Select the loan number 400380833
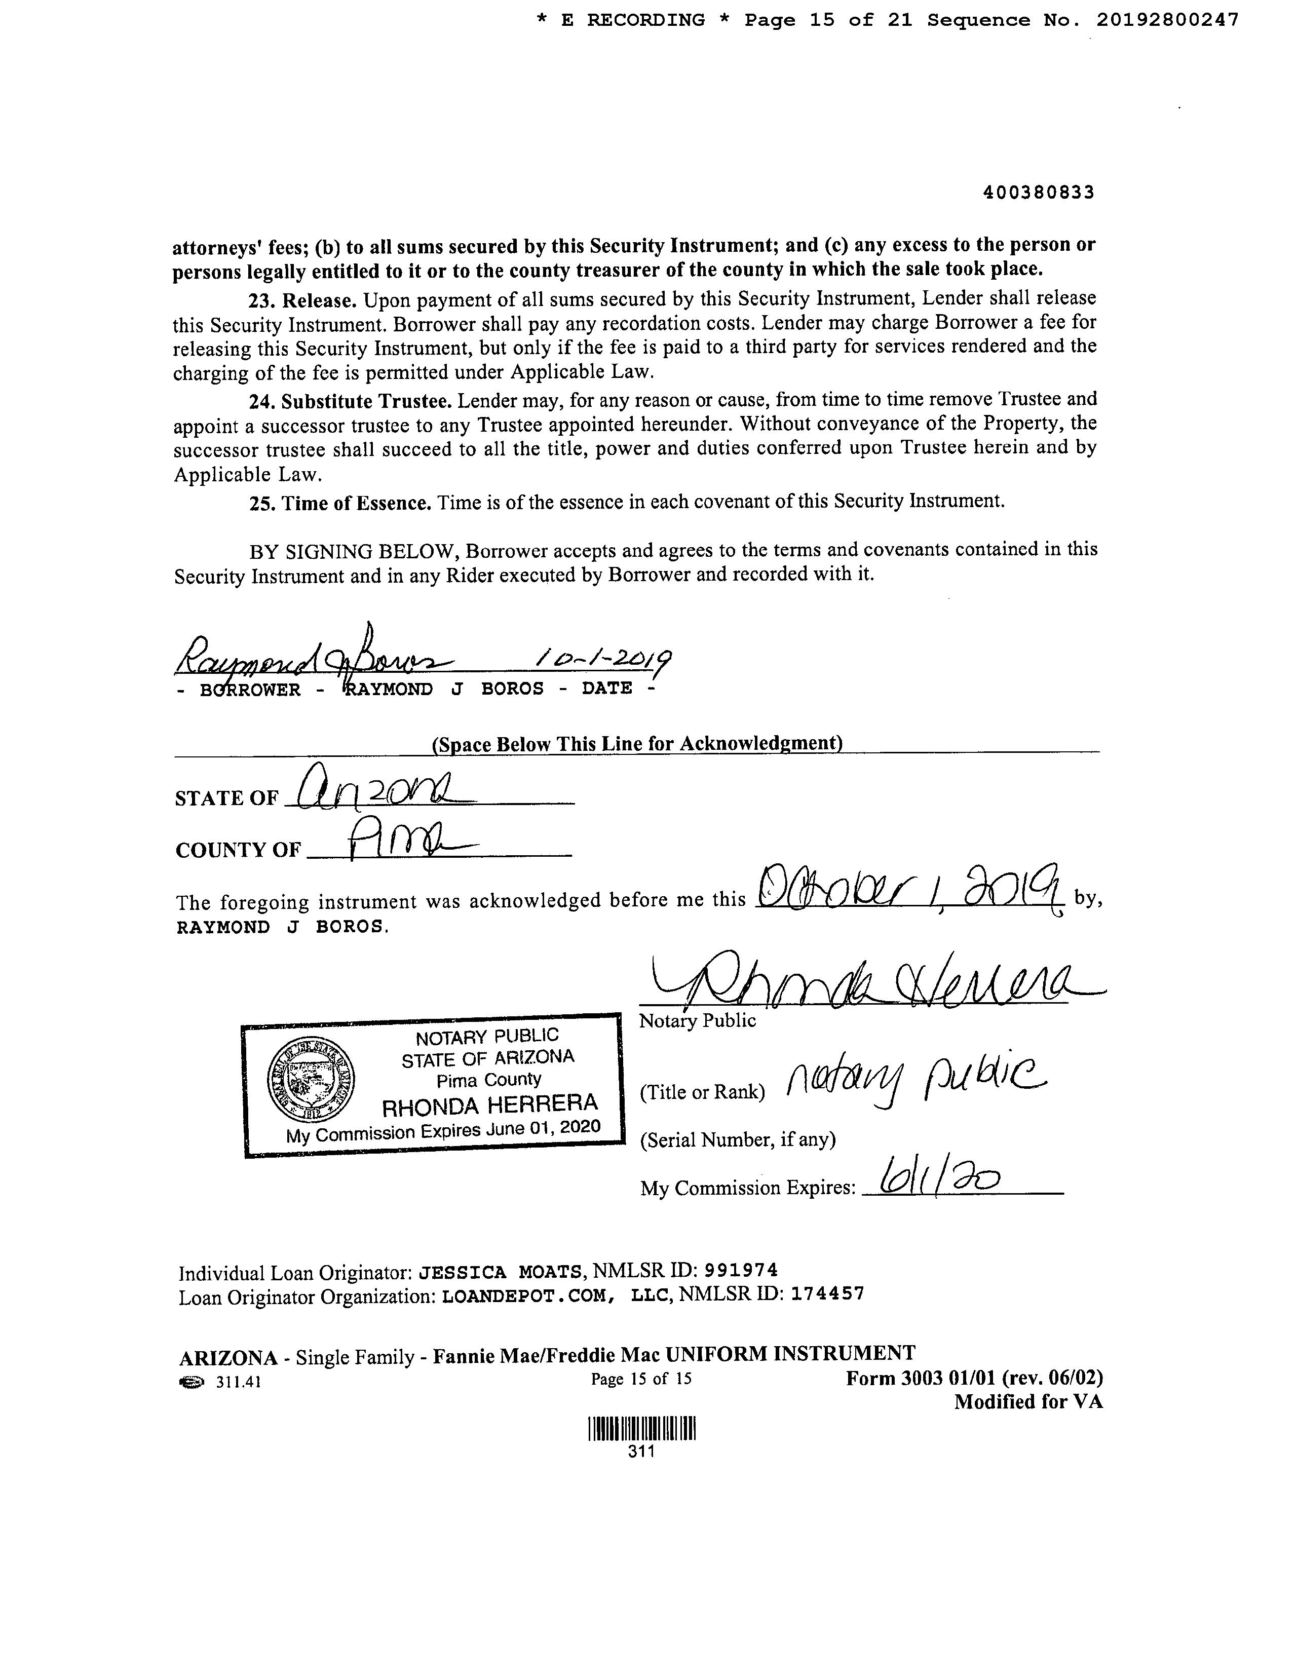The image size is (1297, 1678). click(1039, 193)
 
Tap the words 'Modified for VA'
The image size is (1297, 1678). click(1028, 1402)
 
